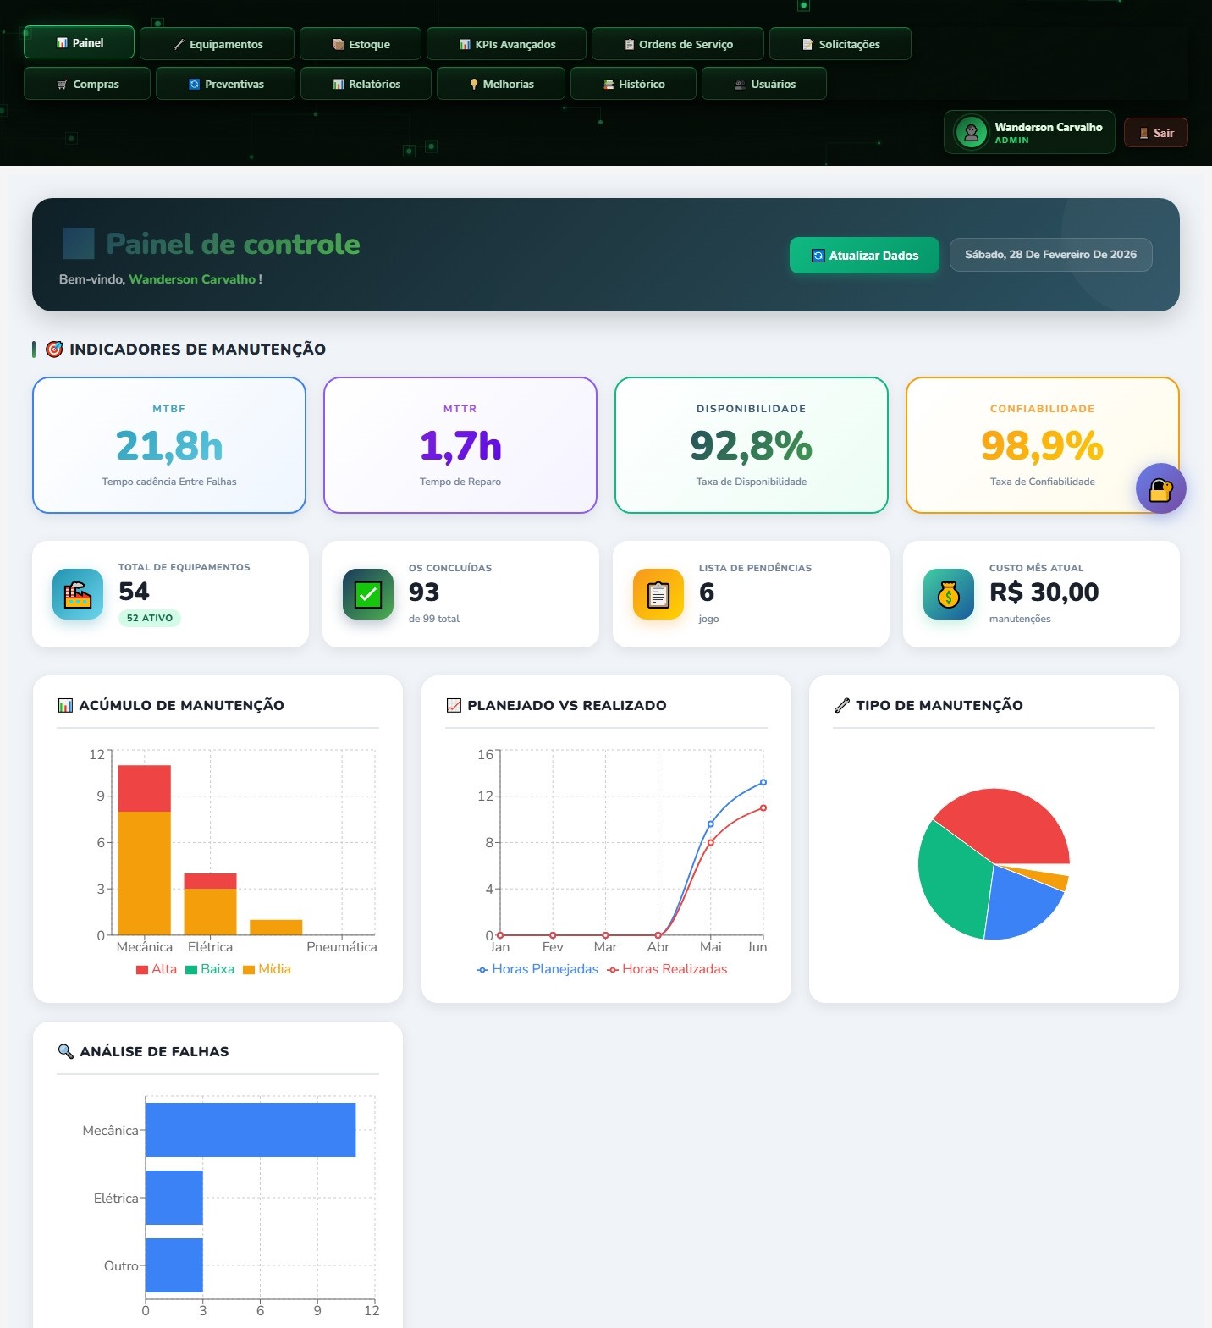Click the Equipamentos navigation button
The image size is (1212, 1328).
(217, 44)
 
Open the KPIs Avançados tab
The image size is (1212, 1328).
(506, 44)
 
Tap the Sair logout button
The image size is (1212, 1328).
(1155, 133)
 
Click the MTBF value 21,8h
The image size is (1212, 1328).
(169, 446)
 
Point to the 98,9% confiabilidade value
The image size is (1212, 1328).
(1042, 446)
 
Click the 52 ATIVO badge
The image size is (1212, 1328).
(150, 618)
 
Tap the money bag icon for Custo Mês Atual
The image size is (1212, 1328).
(949, 595)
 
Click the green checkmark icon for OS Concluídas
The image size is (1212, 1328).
(368, 595)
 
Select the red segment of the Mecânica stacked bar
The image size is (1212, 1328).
(145, 788)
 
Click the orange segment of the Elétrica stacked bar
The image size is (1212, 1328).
(210, 912)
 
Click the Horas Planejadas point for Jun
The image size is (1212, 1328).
(763, 782)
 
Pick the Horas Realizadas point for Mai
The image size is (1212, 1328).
(711, 842)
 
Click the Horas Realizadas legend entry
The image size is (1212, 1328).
(668, 969)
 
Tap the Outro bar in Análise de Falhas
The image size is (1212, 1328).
(174, 1265)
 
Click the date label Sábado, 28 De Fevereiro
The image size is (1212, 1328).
(1050, 255)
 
